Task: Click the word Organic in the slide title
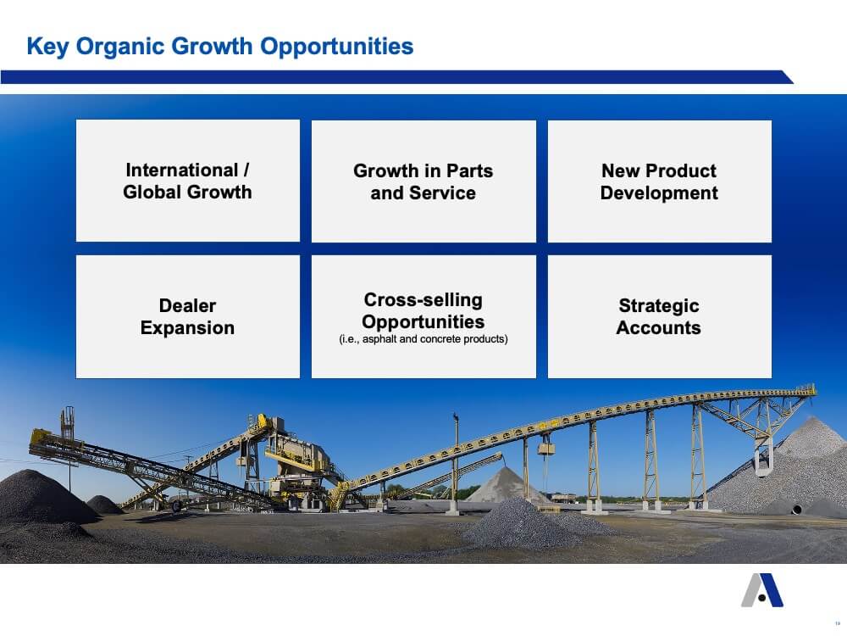point(120,47)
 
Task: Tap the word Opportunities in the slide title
point(336,47)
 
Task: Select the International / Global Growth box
point(188,181)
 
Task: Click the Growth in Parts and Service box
point(423,181)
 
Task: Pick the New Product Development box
point(660,181)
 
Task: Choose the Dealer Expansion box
point(188,316)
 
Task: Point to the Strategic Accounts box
point(660,316)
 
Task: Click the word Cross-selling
point(423,299)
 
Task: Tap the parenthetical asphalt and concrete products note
point(423,339)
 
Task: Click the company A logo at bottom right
point(762,590)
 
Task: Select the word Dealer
point(187,305)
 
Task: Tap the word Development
point(659,193)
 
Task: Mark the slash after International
point(246,170)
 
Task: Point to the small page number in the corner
point(838,623)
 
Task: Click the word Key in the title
point(47,47)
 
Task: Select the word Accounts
point(658,327)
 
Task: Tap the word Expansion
point(187,328)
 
